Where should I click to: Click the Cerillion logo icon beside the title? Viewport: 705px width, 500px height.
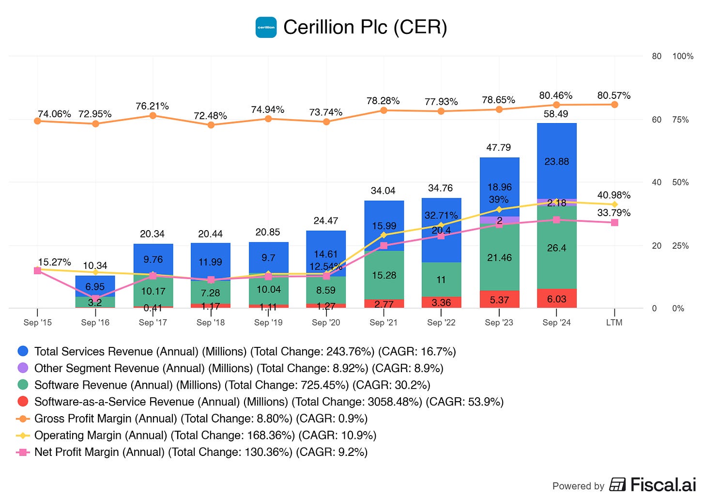[x=266, y=27]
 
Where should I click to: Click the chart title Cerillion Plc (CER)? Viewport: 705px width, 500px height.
[x=365, y=27]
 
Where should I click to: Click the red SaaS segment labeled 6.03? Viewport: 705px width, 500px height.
[x=556, y=299]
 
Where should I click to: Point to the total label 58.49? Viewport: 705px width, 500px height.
[x=556, y=114]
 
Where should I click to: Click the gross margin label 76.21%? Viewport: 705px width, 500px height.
[x=152, y=106]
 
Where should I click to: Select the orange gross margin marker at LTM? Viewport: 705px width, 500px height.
[x=614, y=104]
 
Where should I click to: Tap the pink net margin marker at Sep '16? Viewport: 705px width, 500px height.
[x=95, y=298]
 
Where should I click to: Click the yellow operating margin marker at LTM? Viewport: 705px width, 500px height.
[x=614, y=204]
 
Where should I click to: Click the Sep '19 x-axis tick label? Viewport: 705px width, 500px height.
[x=268, y=323]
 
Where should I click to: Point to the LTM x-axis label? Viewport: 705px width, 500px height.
[x=614, y=323]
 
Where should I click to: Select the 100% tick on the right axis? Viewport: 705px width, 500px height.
[x=683, y=56]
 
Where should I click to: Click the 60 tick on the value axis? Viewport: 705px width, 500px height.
[x=657, y=120]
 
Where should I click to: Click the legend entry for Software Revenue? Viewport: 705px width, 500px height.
[x=232, y=385]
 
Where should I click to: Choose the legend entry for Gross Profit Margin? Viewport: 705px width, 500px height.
[x=200, y=419]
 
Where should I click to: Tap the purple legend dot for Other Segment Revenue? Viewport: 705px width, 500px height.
[x=23, y=368]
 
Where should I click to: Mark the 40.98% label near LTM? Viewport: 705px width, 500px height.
[x=613, y=195]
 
